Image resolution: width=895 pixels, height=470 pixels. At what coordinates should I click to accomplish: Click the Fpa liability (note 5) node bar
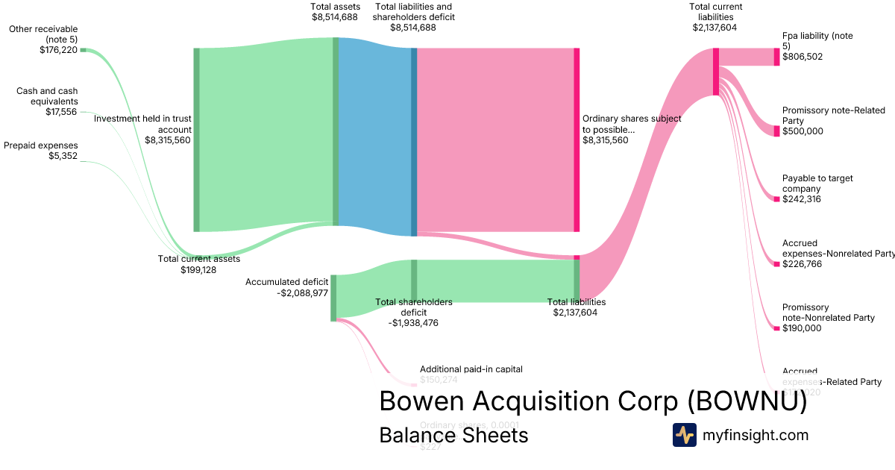pyautogui.click(x=776, y=56)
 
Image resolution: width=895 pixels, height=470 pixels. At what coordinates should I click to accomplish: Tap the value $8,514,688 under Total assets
pyautogui.click(x=335, y=18)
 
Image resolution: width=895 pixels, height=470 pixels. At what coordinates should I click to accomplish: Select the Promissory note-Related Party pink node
pyautogui.click(x=776, y=131)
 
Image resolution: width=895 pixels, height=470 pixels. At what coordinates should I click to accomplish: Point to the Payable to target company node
pyautogui.click(x=776, y=199)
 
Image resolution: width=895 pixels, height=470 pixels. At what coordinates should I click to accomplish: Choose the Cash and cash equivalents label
pyautogui.click(x=47, y=95)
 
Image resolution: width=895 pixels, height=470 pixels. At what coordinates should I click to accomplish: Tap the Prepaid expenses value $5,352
pyautogui.click(x=59, y=157)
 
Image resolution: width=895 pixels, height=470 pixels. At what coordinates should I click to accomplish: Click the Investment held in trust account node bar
pyautogui.click(x=197, y=140)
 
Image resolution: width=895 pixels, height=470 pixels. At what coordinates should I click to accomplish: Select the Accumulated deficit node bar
pyautogui.click(x=333, y=298)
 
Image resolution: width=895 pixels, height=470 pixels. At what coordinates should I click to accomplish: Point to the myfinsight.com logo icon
pyautogui.click(x=684, y=435)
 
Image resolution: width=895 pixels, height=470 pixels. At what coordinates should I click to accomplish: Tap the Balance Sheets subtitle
pyautogui.click(x=453, y=435)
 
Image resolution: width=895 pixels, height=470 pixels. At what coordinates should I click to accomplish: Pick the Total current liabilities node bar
pyautogui.click(x=716, y=72)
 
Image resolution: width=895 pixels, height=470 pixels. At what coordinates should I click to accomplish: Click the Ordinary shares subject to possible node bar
pyautogui.click(x=577, y=140)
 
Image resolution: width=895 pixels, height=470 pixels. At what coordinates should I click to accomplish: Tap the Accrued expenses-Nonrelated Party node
pyautogui.click(x=776, y=263)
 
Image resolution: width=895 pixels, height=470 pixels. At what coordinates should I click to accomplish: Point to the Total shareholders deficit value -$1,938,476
pyautogui.click(x=413, y=323)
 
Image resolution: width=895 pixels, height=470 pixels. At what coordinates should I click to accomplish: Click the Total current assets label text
pyautogui.click(x=198, y=259)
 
